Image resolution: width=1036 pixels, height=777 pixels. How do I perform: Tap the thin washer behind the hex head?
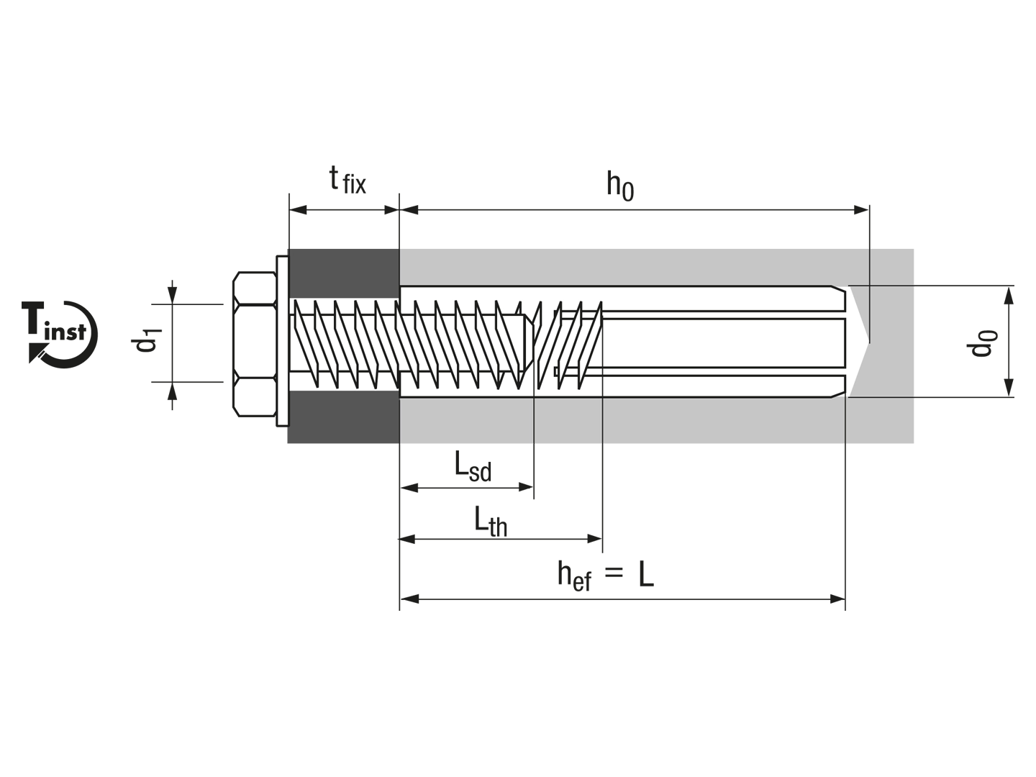click(281, 342)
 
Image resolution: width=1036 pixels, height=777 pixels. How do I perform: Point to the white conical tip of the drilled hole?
click(860, 342)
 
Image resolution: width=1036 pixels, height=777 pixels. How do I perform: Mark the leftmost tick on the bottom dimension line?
click(400, 447)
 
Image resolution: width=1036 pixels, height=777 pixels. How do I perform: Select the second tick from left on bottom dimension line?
click(532, 447)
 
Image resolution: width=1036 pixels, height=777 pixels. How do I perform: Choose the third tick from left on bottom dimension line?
click(601, 447)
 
